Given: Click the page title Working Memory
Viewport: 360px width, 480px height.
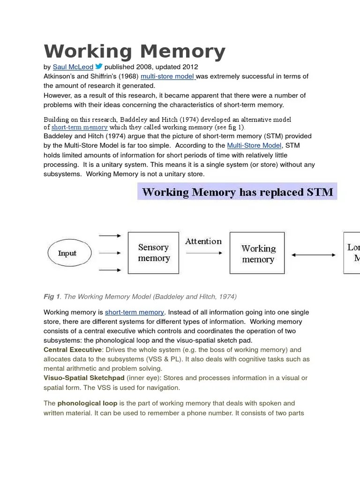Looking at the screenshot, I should [x=135, y=52].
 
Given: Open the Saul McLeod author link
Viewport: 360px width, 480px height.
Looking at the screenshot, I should [x=73, y=67].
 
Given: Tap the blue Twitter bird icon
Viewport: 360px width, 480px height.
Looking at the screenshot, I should [x=99, y=67].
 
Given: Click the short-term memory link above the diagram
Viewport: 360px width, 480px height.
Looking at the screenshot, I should [x=79, y=127].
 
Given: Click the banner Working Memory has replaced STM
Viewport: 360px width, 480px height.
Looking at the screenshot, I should [x=237, y=192].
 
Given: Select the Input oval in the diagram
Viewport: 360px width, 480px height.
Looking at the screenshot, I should [x=67, y=253].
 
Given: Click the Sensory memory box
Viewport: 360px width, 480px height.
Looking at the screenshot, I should [x=153, y=253].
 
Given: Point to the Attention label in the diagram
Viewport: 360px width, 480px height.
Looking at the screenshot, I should [x=203, y=241].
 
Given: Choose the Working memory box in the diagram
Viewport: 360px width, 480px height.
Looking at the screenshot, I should [x=258, y=253].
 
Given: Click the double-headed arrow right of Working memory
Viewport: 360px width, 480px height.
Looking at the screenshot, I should [x=314, y=255].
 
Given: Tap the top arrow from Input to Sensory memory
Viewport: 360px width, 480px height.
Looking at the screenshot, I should [x=111, y=236].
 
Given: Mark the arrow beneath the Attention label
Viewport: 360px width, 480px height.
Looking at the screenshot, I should [x=204, y=253].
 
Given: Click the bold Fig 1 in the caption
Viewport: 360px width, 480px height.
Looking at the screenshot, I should [x=52, y=297].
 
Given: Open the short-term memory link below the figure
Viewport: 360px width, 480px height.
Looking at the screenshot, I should [x=135, y=312].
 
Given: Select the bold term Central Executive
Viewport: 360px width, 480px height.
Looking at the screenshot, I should [x=72, y=350].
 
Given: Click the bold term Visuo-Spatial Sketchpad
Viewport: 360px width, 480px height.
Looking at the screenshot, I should [x=84, y=378].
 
